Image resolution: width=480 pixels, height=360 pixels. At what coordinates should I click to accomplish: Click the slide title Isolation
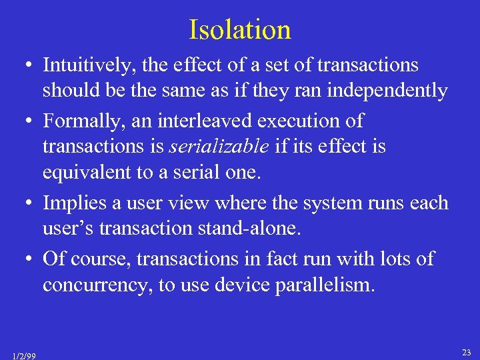240,30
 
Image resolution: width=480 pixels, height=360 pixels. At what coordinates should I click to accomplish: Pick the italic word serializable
213,147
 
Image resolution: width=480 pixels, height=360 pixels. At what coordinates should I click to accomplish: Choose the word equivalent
84,173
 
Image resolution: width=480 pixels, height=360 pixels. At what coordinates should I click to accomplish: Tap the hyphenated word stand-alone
251,229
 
